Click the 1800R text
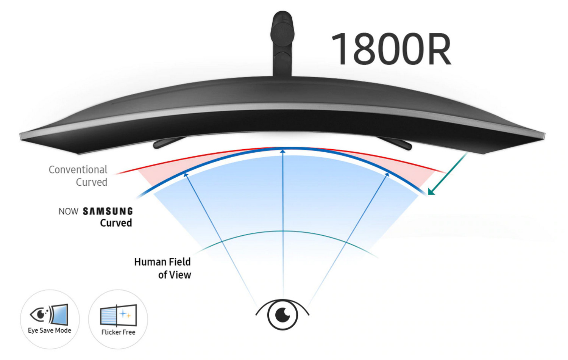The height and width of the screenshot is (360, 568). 391,49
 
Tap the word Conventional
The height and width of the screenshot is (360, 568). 78,170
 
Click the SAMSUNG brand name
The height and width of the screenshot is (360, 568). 108,211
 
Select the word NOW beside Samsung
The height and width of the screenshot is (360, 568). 69,211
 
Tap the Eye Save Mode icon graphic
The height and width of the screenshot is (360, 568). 49,315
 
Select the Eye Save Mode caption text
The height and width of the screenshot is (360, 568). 50,330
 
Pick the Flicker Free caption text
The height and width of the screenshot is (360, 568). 118,332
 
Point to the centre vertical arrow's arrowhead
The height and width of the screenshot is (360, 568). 282,151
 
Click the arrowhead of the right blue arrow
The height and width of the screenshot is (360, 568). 387,174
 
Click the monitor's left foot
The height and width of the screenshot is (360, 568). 167,143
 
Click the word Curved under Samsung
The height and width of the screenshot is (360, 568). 116,223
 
